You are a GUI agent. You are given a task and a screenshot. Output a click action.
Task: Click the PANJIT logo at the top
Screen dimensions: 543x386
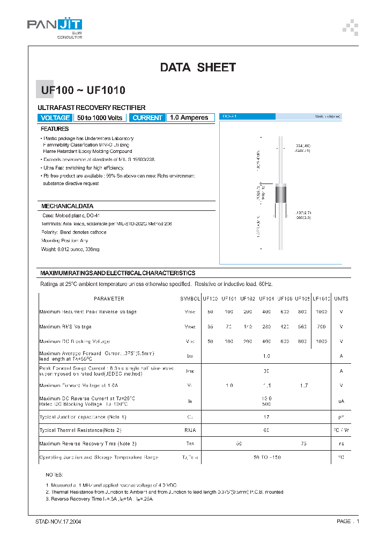(x=55, y=26)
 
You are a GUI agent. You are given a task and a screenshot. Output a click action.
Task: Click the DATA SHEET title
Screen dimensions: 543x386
(x=198, y=68)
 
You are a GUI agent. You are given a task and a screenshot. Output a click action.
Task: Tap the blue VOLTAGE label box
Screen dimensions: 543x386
(x=55, y=118)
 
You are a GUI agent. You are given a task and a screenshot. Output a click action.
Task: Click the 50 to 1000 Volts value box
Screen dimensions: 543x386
(x=100, y=118)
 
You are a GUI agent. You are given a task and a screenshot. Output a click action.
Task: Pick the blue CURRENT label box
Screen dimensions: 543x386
(x=147, y=118)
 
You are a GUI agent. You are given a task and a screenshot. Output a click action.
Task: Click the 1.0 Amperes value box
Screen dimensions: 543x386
(x=189, y=118)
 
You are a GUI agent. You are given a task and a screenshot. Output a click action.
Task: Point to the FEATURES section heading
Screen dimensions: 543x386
(x=55, y=129)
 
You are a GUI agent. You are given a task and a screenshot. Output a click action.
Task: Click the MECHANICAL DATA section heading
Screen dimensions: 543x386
(x=67, y=206)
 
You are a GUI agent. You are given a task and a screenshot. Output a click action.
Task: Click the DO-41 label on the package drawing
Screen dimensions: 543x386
(x=230, y=116)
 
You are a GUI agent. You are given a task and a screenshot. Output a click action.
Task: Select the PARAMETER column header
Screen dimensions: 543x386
(x=109, y=299)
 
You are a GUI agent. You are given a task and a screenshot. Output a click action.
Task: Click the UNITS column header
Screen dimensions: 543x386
(x=341, y=299)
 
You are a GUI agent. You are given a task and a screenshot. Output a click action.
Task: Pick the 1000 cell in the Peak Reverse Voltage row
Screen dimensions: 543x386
(x=321, y=312)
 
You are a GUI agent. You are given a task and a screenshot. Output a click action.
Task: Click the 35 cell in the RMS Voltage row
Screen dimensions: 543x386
(x=210, y=326)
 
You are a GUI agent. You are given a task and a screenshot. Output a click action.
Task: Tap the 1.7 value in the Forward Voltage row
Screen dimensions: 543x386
(x=305, y=385)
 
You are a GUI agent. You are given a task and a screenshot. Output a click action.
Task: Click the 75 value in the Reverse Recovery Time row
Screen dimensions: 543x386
(x=305, y=443)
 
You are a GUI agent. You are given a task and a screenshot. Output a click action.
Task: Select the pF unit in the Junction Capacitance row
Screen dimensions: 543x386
(x=341, y=417)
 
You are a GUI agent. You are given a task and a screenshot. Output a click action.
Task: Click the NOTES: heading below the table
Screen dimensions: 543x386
(x=54, y=475)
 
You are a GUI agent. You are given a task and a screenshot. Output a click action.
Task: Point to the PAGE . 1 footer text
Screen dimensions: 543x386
(x=348, y=521)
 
